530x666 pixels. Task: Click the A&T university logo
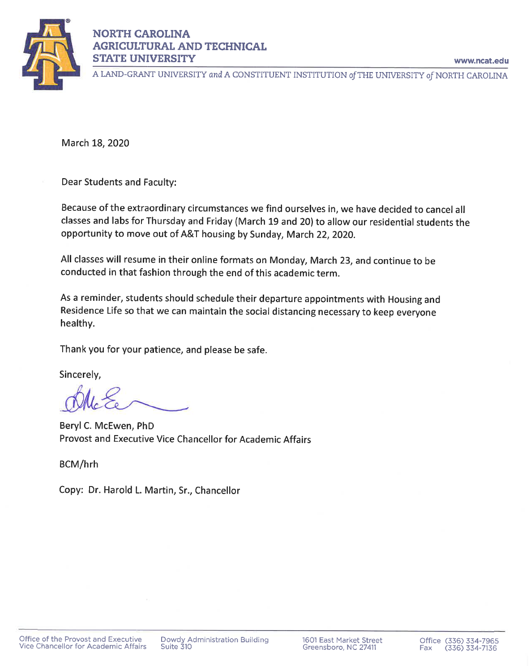tap(50, 54)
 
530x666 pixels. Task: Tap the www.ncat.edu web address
tap(481, 61)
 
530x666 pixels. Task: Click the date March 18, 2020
tap(95, 143)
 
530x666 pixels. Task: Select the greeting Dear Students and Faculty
tap(119, 182)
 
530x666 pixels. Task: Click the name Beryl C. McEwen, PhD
tap(107, 426)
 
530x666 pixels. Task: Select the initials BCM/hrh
tap(79, 464)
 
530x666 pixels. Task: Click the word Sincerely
tap(80, 375)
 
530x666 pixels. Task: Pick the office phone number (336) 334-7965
tap(471, 641)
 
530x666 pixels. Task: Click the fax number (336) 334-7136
tap(470, 648)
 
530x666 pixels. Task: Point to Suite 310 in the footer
tap(176, 646)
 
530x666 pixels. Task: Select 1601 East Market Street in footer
tap(342, 640)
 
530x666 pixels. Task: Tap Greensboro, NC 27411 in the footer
tap(339, 647)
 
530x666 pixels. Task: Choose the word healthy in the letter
tap(77, 324)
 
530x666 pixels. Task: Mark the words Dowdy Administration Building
tap(214, 640)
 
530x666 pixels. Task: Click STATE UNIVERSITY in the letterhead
tap(144, 59)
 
